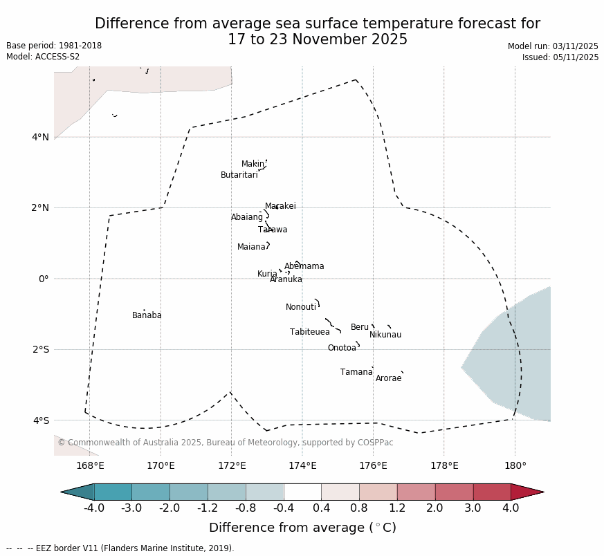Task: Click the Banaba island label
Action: tap(147, 315)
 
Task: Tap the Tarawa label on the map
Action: tap(273, 230)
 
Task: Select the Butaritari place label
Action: tap(239, 175)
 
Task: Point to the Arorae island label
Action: tap(388, 378)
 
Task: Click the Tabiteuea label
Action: tap(309, 332)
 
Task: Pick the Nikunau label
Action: tap(385, 335)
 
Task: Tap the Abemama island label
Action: tap(304, 266)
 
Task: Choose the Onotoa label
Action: tap(342, 348)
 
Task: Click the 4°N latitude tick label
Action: tap(40, 137)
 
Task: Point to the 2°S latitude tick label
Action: tap(40, 349)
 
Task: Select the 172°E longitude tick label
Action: tap(232, 466)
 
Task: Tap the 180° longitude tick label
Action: tap(515, 466)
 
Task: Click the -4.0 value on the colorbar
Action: tap(94, 508)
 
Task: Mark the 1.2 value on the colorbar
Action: tap(397, 508)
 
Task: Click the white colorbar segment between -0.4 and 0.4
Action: tap(302, 492)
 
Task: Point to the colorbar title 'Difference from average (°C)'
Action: tap(302, 528)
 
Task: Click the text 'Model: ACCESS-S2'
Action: tap(43, 57)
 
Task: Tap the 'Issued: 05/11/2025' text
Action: tap(560, 57)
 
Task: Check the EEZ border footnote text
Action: tap(120, 548)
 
